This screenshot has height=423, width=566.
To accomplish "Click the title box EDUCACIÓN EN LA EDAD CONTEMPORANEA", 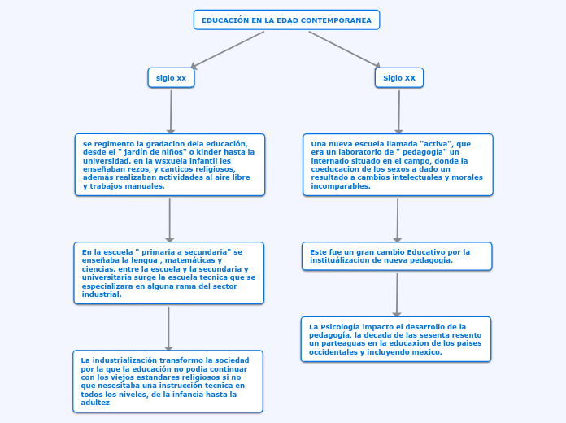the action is pyautogui.click(x=286, y=20).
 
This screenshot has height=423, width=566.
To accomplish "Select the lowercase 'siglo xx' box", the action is pyautogui.click(x=171, y=77).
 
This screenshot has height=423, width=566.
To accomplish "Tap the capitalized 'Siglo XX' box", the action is pyautogui.click(x=399, y=77).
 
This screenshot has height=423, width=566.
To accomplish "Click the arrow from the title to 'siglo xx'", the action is pyautogui.click(x=228, y=50).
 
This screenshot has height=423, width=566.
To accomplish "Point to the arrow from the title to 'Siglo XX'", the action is pyautogui.click(x=345, y=50).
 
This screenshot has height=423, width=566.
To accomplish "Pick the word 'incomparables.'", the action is pyautogui.click(x=341, y=186).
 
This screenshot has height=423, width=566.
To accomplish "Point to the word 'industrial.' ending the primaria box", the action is pyautogui.click(x=102, y=294).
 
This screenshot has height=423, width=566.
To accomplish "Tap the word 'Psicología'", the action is pyautogui.click(x=340, y=327).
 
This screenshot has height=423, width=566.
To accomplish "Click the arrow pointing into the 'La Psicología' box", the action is pyautogui.click(x=397, y=294).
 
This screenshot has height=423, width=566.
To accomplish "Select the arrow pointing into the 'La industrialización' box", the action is pyautogui.click(x=168, y=329).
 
